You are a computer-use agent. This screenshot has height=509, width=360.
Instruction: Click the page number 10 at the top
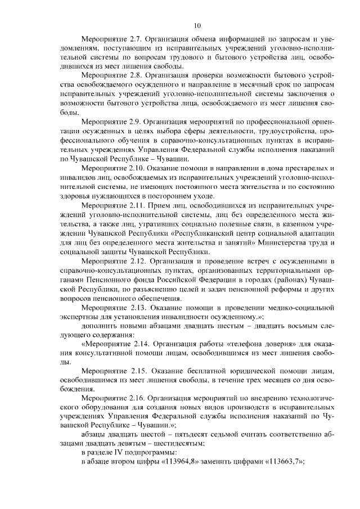tap(196, 25)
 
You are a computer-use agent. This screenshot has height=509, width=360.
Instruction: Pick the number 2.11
tap(138, 206)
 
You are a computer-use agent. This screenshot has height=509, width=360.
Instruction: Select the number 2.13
tap(138, 308)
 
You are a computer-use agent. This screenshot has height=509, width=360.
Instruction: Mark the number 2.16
tap(138, 398)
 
